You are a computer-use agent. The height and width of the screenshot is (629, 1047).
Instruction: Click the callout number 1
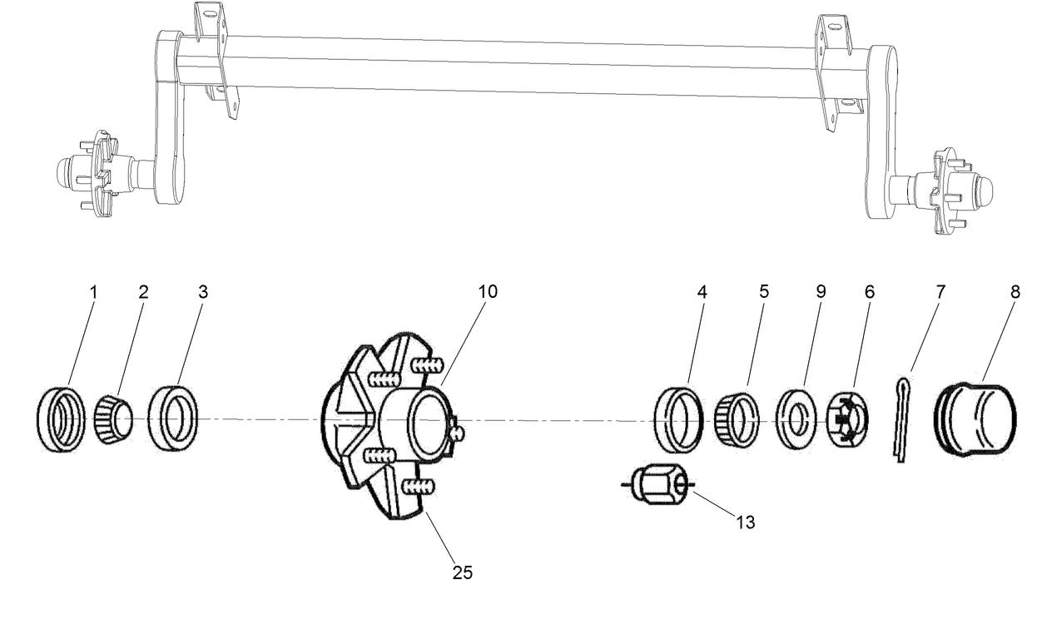click(x=93, y=292)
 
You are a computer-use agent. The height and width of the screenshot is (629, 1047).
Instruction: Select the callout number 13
click(x=745, y=523)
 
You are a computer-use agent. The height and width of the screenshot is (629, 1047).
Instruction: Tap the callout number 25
click(x=462, y=572)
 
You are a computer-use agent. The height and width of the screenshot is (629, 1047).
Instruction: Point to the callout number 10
click(x=487, y=292)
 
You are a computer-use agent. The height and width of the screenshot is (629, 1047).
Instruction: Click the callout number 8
click(x=1015, y=292)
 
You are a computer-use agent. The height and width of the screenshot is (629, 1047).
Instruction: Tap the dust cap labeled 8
click(x=977, y=420)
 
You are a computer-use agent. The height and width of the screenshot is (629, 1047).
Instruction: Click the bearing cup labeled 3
click(x=174, y=419)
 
